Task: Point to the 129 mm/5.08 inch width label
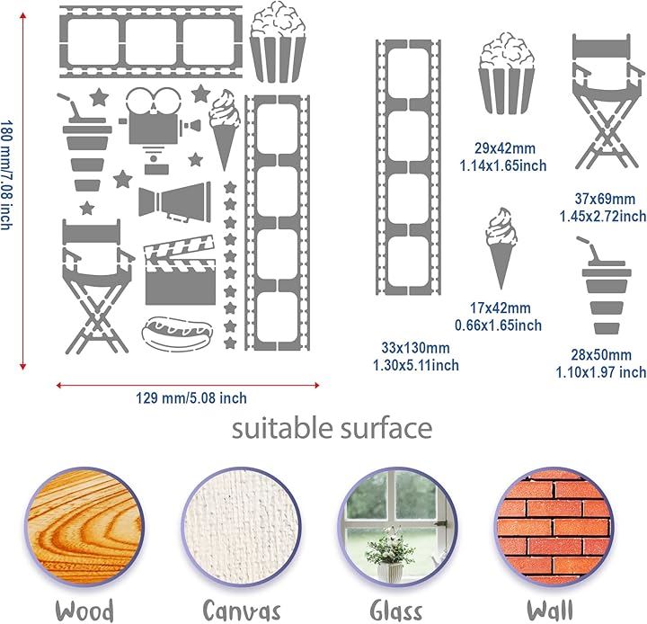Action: [x=191, y=398]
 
